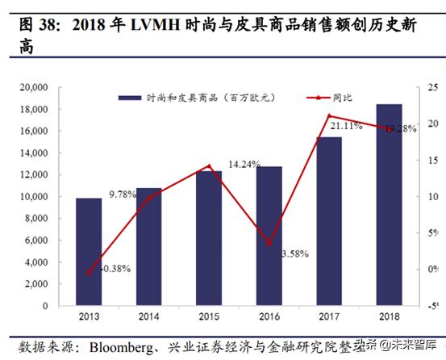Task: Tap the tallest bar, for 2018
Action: pyautogui.click(x=389, y=202)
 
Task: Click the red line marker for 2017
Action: pyautogui.click(x=328, y=115)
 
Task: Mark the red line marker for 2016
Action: pyautogui.click(x=269, y=243)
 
